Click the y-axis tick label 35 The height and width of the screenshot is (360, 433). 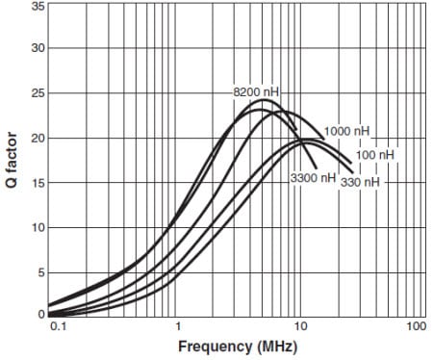coord(38,7)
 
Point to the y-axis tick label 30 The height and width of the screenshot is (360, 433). coord(38,48)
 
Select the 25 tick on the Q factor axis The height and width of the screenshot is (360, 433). coord(38,93)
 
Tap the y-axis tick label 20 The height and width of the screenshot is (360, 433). coord(38,139)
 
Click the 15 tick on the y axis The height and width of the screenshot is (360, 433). coord(38,183)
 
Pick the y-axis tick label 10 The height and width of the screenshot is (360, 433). coord(38,228)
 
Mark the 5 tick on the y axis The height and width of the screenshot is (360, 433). coord(41,273)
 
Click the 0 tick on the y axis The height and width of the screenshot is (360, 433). coord(41,314)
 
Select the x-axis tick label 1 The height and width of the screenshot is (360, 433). coord(178,328)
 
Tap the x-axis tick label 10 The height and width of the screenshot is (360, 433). coord(299,328)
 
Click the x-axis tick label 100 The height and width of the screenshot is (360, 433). coord(417,328)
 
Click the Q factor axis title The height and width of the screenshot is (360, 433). coord(11,161)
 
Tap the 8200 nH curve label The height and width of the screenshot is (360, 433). coord(254,91)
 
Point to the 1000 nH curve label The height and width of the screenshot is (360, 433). coord(347,131)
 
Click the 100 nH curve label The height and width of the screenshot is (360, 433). coord(374,154)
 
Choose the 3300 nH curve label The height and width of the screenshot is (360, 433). coord(313,178)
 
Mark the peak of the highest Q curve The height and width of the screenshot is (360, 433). coord(264,100)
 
